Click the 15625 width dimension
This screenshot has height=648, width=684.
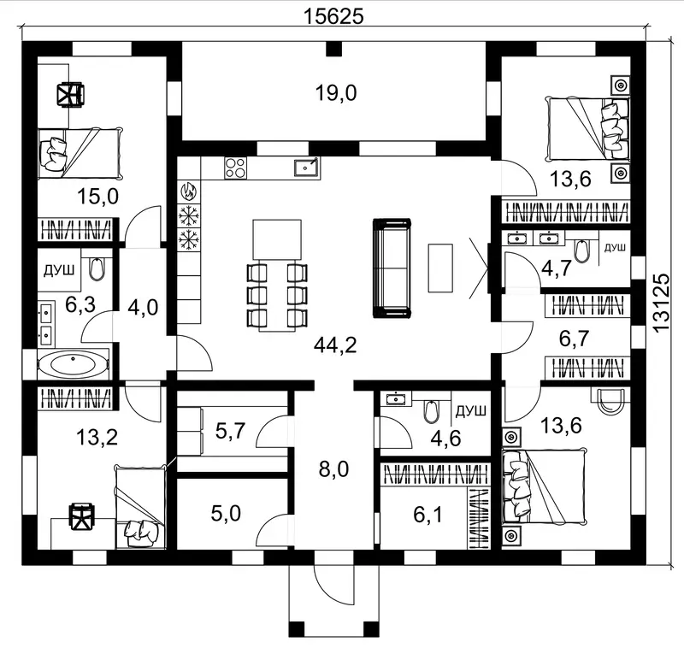point(333,16)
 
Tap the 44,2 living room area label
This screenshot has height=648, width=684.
point(335,345)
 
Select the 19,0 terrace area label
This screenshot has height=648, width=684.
point(336,93)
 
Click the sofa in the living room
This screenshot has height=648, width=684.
point(392,268)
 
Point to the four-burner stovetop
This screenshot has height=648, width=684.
point(236,168)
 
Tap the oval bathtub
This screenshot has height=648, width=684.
point(73,363)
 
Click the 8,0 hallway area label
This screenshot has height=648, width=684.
point(333,469)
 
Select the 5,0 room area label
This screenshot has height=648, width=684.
point(226,513)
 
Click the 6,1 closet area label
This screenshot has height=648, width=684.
point(428,515)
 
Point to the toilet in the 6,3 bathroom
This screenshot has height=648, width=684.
point(97,268)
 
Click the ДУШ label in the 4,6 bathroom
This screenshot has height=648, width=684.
point(471,411)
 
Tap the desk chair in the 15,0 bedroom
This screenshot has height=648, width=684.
point(70,95)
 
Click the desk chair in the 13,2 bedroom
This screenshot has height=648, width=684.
point(82,515)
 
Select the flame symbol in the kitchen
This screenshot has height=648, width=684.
point(189,191)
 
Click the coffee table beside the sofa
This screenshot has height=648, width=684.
point(440,268)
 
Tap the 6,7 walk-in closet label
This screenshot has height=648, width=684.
point(574,338)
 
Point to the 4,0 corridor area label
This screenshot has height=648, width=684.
point(143,308)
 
